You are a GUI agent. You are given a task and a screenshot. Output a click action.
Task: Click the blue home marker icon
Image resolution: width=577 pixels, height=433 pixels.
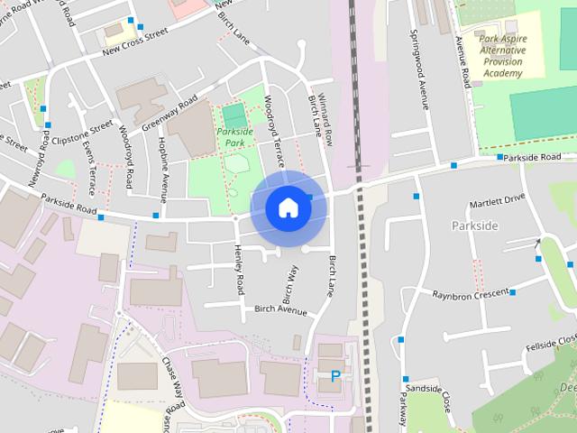point(288,207)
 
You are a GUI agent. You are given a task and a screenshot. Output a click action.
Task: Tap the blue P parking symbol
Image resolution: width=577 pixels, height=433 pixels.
point(336,376)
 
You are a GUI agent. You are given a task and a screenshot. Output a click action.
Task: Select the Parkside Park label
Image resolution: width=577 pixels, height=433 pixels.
point(234,137)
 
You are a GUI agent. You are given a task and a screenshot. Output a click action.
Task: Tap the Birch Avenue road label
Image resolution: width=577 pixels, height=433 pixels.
point(280,310)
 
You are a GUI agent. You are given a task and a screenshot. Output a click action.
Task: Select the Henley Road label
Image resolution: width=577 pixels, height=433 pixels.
point(239,270)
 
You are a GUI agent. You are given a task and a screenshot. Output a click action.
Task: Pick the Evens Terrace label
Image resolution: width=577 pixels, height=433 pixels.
point(90,163)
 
